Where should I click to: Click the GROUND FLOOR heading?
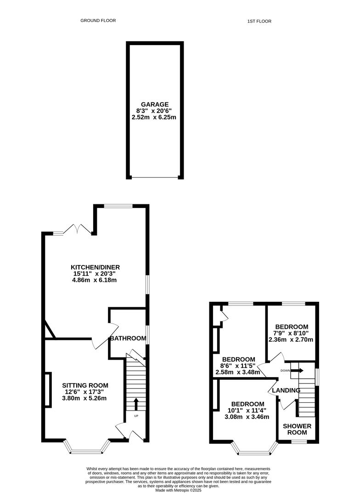pos(98,21)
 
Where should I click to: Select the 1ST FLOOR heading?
pos(259,21)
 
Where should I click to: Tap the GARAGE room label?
pos(155,104)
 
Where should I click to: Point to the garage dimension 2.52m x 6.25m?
pos(154,118)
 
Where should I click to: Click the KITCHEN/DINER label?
pos(95,267)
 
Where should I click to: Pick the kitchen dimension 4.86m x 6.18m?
pos(95,280)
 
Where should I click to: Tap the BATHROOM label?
pos(128,338)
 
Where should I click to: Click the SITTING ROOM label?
pos(85,385)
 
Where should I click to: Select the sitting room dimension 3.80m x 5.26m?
pos(84,398)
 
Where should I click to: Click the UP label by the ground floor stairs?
pos(136,416)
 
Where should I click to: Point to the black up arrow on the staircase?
pos(136,404)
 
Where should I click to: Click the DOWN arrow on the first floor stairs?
pos(298,371)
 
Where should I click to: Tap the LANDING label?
pos(286,390)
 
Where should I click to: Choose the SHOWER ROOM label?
pos(297,429)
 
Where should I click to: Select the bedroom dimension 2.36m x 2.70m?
pos(291,340)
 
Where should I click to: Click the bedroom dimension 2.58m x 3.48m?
pos(238,372)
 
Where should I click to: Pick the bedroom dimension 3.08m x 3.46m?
pos(247,417)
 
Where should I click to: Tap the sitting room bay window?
pos(87,447)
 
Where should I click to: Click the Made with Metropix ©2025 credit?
pos(178,490)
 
